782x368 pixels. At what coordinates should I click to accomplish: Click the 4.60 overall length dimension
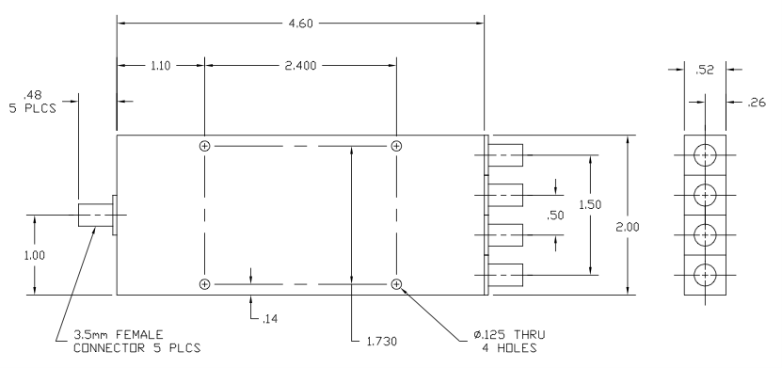click(301, 24)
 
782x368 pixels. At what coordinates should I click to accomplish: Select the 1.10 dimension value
click(161, 65)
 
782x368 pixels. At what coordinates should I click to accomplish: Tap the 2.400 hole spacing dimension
click(301, 65)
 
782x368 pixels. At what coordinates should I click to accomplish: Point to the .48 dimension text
click(32, 95)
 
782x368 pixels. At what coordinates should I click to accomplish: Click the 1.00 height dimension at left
click(35, 255)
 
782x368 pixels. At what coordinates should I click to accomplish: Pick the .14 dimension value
click(269, 319)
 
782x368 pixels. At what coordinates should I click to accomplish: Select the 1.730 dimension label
click(382, 342)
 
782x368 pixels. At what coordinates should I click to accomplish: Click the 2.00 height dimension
click(628, 227)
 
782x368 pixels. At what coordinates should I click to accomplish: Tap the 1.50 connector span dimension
click(590, 204)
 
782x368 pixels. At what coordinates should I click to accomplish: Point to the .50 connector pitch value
click(555, 216)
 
